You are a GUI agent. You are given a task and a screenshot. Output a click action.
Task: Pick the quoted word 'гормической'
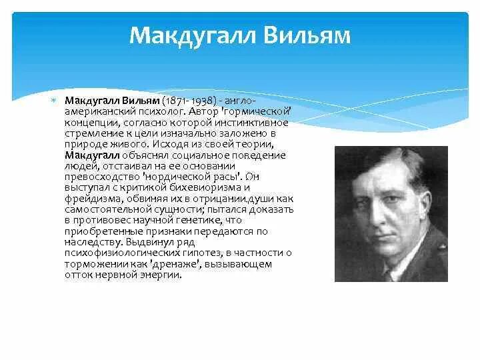(258, 111)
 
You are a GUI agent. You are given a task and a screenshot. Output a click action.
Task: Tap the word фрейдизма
(85, 198)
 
